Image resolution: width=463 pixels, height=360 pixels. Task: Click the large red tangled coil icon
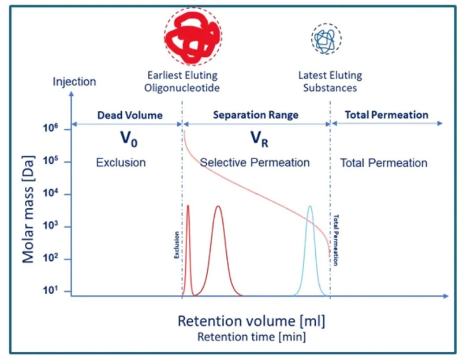192,38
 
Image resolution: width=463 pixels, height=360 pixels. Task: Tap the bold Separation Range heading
256,115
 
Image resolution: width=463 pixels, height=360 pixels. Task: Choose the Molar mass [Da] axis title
28,202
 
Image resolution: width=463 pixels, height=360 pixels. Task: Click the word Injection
74,81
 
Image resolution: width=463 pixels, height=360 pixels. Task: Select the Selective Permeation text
255,163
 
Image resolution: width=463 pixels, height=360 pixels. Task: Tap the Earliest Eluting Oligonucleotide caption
183,81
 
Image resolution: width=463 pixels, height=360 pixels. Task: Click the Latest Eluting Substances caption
330,81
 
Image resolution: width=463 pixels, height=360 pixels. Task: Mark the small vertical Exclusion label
177,245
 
